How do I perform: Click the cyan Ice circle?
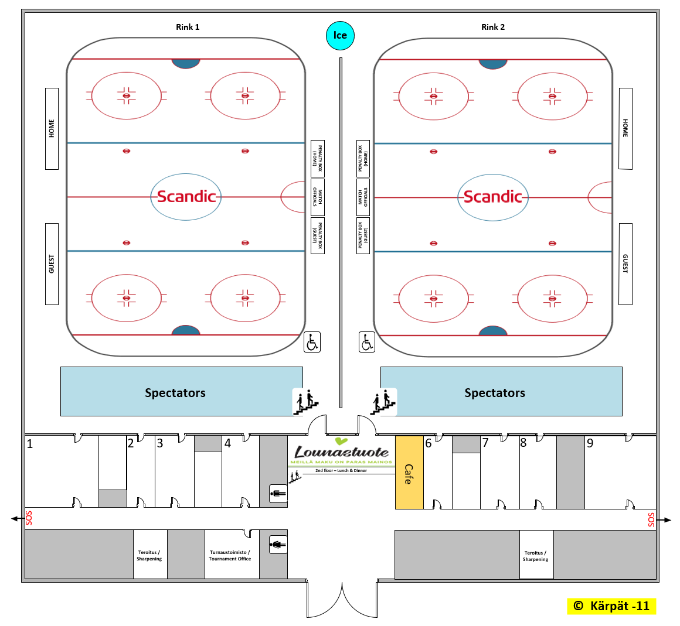point(340,35)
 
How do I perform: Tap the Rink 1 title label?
point(188,27)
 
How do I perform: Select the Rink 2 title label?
point(492,27)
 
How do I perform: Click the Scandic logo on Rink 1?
point(186,197)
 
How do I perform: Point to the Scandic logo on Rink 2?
point(493,197)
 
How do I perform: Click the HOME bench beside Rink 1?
point(52,129)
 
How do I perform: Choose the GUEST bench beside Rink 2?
point(625,264)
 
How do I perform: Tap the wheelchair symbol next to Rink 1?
point(312,341)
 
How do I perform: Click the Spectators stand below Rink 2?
point(501,392)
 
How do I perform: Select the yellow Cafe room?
point(409,472)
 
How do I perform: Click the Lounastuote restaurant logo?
point(341,452)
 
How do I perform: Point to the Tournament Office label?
point(230,555)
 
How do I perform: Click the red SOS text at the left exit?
point(29,518)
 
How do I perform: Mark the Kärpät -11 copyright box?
point(611,606)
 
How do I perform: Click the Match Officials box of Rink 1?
point(317,197)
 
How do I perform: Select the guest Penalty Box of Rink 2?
point(363,236)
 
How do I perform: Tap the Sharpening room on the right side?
point(536,555)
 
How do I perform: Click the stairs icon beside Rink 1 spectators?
point(306,402)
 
